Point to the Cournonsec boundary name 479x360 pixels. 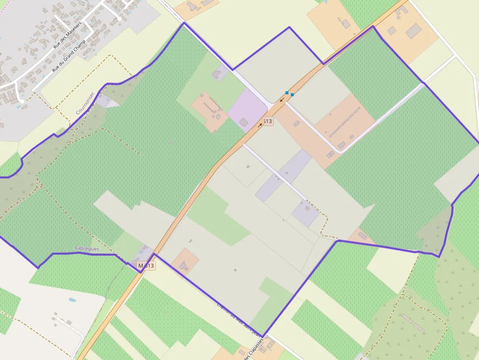tap(85, 104)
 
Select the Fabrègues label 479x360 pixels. tap(87, 249)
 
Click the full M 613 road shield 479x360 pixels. tap(146, 266)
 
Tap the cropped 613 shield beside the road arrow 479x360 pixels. tap(267, 121)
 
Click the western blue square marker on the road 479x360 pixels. tap(286, 92)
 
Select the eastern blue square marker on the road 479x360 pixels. tap(292, 95)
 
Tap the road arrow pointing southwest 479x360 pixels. tap(282, 100)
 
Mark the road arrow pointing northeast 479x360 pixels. tap(260, 125)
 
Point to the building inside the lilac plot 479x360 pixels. tap(243, 122)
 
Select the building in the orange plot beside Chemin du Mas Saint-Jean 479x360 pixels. tap(184, 266)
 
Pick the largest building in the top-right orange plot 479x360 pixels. tap(414, 31)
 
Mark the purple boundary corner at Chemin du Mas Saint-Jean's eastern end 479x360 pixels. tap(263, 337)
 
